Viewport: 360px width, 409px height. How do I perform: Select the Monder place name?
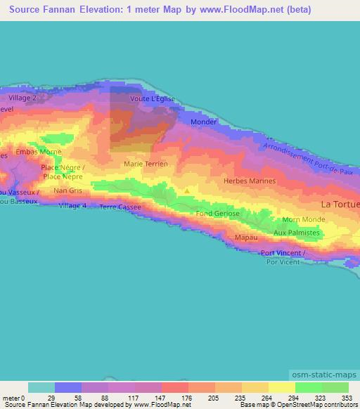204,122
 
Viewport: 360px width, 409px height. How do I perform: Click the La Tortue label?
340,204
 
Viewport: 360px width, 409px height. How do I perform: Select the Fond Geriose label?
218,213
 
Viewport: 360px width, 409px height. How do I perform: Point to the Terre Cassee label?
120,207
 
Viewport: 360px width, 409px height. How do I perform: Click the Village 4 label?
73,205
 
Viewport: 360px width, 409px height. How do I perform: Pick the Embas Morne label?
35,152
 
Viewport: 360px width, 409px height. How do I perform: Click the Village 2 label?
22,98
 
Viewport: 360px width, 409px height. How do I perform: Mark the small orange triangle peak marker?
187,190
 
